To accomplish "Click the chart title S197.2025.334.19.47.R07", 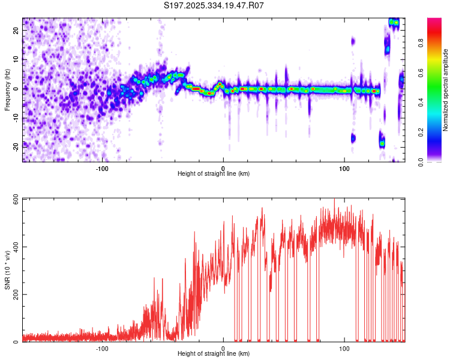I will pyautogui.click(x=214, y=5).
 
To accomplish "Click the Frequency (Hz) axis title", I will pyautogui.click(x=7, y=90).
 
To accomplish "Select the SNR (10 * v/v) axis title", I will pyautogui.click(x=7, y=270).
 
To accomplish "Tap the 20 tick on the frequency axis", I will pyautogui.click(x=16, y=30).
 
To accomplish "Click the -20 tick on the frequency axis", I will pyautogui.click(x=14, y=146).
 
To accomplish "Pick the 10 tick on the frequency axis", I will pyautogui.click(x=16, y=59).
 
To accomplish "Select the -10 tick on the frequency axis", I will pyautogui.click(x=14, y=118).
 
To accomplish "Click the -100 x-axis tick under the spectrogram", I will pyautogui.click(x=101, y=169).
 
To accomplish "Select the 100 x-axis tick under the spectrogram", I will pyautogui.click(x=344, y=169).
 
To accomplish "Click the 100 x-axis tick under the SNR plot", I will pyautogui.click(x=344, y=349).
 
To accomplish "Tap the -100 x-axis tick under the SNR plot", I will pyautogui.click(x=101, y=349).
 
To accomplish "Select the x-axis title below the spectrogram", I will pyautogui.click(x=214, y=174).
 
